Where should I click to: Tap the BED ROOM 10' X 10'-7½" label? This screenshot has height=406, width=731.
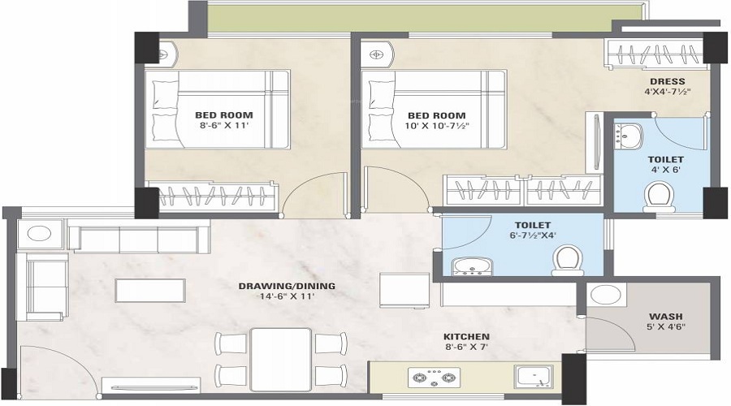point(436,120)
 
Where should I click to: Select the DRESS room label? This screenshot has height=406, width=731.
point(665,86)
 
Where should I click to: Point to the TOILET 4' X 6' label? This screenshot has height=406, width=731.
point(666,164)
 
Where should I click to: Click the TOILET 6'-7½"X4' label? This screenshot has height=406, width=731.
point(533,230)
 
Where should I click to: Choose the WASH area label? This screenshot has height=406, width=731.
point(665,321)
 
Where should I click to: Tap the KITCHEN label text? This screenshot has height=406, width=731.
point(465,341)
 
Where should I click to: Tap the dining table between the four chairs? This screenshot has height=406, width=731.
point(280,358)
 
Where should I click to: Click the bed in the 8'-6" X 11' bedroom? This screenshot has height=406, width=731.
point(217,108)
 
